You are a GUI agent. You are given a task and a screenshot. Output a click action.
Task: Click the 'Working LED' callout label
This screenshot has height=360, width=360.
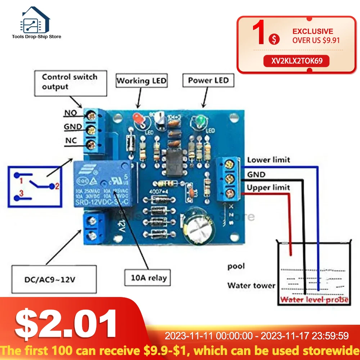click(141, 81)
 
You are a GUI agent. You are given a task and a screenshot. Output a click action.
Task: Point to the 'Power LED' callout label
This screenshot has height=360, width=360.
click(208, 80)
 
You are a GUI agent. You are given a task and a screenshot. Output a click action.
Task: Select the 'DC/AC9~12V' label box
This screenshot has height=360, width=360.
click(54, 279)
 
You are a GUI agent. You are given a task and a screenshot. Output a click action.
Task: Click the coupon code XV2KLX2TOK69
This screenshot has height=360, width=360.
click(297, 61)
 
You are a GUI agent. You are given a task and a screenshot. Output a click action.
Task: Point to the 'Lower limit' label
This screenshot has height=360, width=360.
click(268, 160)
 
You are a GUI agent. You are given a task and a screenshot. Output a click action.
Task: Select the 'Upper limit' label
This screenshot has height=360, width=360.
click(268, 188)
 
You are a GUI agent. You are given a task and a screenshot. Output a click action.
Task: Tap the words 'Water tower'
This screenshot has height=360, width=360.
click(251, 286)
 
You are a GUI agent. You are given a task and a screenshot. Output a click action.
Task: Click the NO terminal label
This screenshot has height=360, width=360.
click(71, 113)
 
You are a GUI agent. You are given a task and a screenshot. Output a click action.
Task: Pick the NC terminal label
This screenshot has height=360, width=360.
click(71, 141)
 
